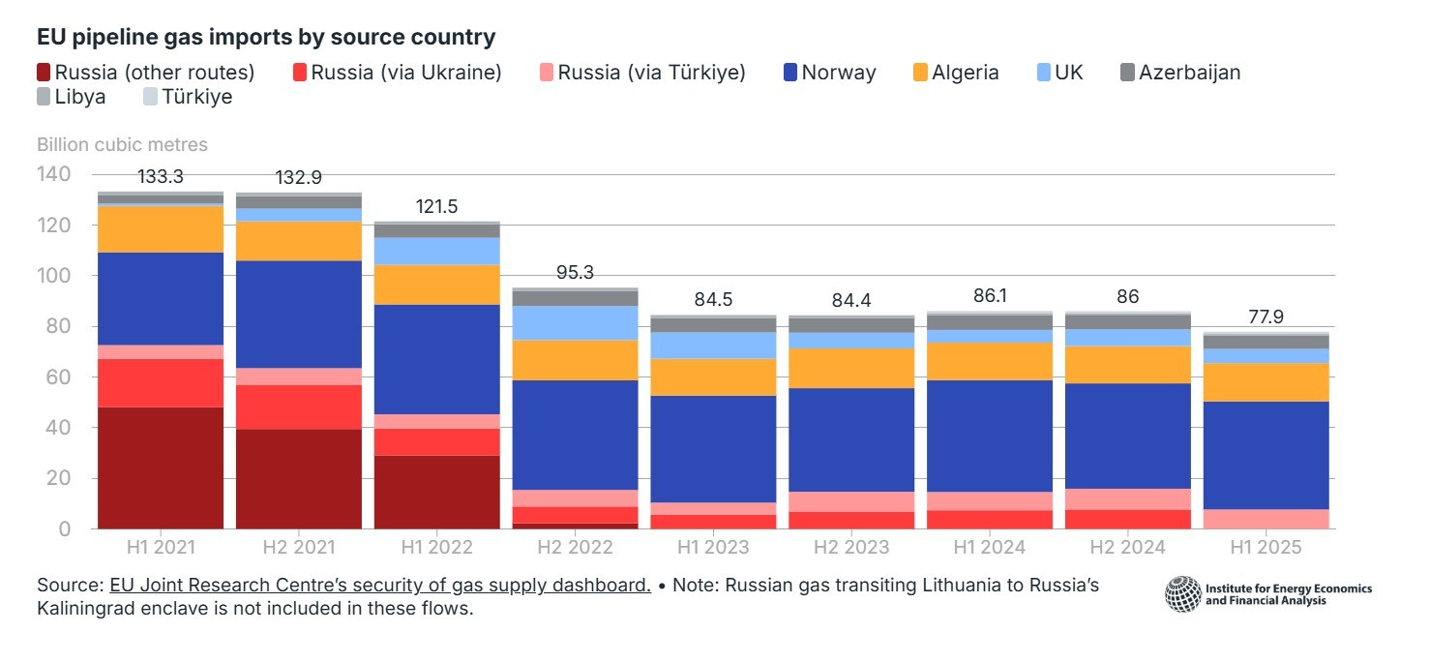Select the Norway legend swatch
tap(789, 72)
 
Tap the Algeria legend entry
tap(956, 72)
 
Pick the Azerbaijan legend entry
tap(1179, 72)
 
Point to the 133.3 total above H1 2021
tap(161, 177)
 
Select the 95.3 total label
tap(575, 272)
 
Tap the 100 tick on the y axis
tap(53, 276)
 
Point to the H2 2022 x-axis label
tap(575, 547)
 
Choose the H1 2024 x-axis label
tap(989, 547)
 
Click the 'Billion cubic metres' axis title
tap(122, 145)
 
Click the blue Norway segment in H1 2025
tap(1266, 455)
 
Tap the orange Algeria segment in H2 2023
tap(851, 368)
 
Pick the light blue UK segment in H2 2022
tap(575, 322)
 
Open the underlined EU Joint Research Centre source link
tap(379, 586)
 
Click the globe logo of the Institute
tap(1182, 593)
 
